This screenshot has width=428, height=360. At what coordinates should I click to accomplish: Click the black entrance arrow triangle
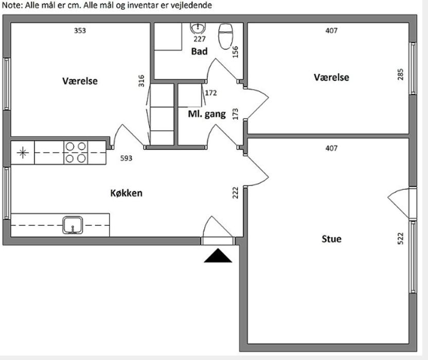click(x=218, y=256)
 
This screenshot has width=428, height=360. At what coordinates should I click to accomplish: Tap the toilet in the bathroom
click(x=226, y=37)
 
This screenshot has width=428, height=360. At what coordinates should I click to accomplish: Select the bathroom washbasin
click(x=198, y=28)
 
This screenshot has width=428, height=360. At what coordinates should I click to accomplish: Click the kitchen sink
click(x=73, y=225)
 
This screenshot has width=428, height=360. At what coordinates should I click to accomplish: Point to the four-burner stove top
click(x=76, y=152)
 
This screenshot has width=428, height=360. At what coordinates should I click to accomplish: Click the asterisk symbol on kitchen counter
click(x=23, y=153)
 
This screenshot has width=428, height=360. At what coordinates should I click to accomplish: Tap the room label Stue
click(x=331, y=239)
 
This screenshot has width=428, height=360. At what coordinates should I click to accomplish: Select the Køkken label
click(x=127, y=193)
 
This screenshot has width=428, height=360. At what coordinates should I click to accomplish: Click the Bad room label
click(x=199, y=51)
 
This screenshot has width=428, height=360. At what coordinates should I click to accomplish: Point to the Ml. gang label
click(x=207, y=114)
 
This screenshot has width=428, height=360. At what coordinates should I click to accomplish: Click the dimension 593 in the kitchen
click(x=126, y=158)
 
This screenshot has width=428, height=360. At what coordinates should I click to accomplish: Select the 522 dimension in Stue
click(x=400, y=239)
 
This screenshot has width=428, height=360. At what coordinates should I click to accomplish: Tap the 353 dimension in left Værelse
click(x=80, y=30)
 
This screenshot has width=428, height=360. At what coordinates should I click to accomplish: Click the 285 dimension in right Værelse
click(x=400, y=75)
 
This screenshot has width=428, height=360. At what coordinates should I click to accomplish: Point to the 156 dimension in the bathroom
click(x=235, y=52)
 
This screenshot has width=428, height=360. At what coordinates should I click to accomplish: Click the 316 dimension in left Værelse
click(x=141, y=81)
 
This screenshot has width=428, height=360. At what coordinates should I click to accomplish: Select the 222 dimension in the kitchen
click(x=235, y=193)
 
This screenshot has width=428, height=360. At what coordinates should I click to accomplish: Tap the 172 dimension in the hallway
click(x=211, y=93)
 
